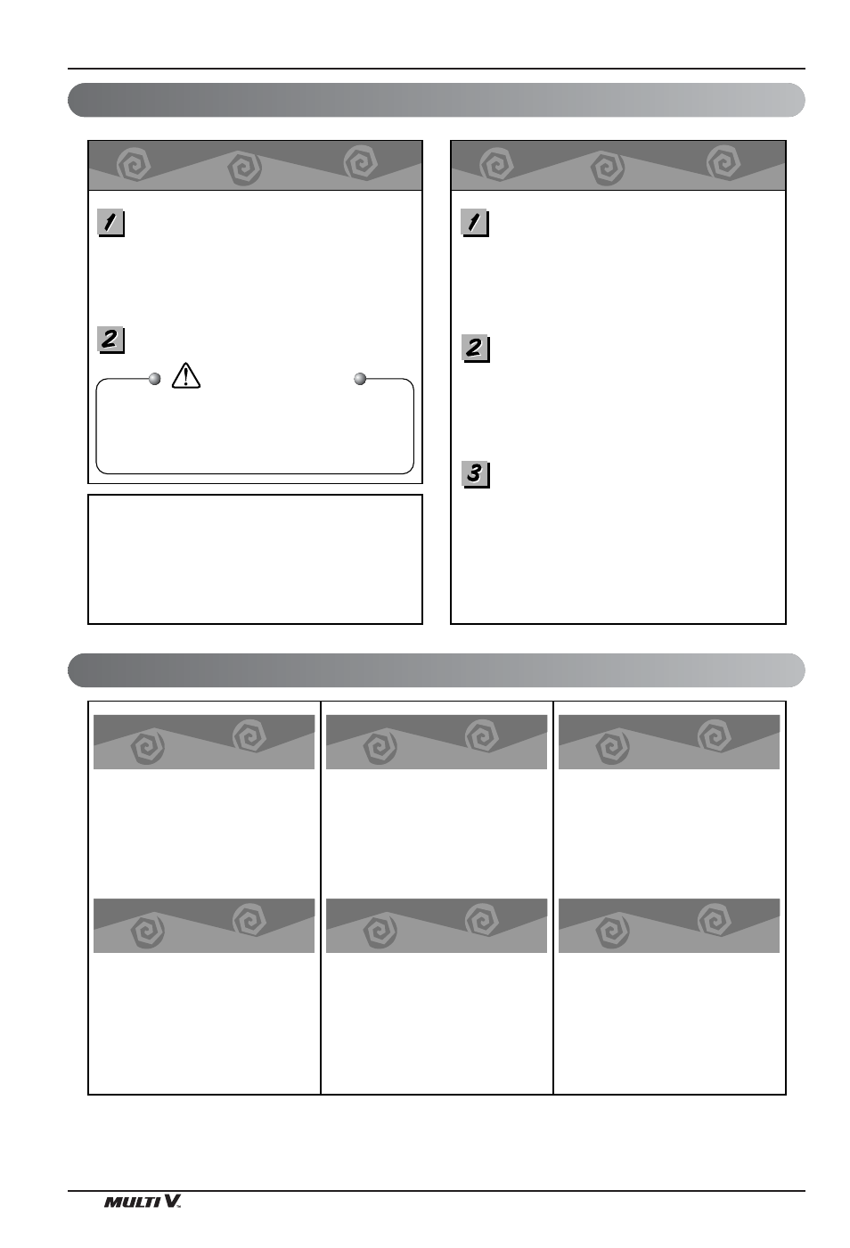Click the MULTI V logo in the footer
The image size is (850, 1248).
(143, 1202)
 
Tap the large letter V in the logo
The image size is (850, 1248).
(170, 1201)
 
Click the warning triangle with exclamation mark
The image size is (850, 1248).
(186, 375)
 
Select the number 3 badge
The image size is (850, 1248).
(475, 474)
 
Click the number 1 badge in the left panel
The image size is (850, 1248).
(110, 223)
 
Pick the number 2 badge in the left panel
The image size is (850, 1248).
(110, 340)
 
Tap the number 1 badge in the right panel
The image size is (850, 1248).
(475, 223)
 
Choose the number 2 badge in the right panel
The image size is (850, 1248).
(475, 349)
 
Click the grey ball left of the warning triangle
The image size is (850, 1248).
(155, 379)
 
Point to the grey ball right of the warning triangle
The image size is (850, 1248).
(360, 379)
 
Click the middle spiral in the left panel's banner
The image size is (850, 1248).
(244, 168)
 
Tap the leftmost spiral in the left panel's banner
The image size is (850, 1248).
(134, 164)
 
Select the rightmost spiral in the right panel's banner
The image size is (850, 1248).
(723, 162)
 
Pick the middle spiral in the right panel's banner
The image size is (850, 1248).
(607, 168)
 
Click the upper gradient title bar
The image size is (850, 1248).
(437, 100)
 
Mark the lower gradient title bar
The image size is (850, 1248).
(437, 670)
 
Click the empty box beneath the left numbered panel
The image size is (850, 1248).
(255, 560)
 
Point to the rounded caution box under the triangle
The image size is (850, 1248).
(255, 473)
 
